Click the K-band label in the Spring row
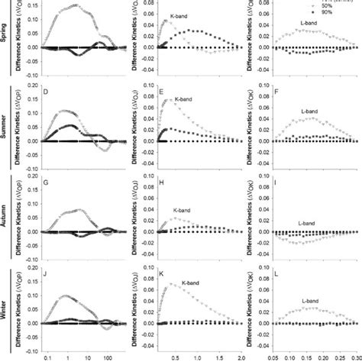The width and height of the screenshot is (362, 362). coord(179,15)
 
